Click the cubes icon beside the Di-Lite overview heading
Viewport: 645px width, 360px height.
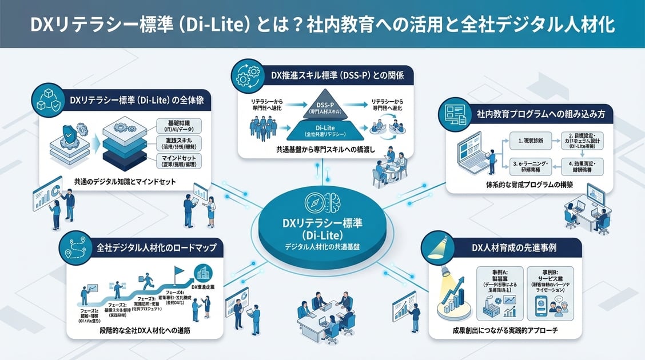click(x=49, y=101)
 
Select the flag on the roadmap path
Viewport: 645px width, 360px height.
click(x=177, y=272)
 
